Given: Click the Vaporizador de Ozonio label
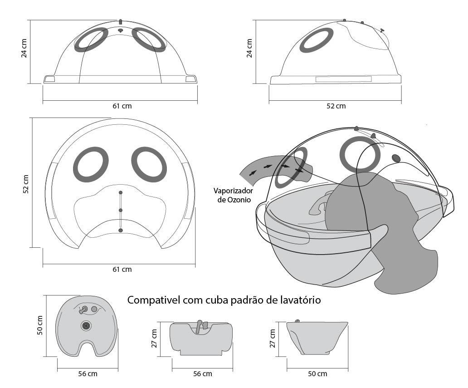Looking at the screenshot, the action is point(233,195).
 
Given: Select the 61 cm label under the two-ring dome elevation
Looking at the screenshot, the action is point(122,106).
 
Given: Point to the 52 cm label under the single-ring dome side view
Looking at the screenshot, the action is point(336,106).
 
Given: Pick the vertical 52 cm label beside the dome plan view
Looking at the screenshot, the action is point(26,184).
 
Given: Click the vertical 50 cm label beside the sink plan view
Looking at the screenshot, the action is point(40,325).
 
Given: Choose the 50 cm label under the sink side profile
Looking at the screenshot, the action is point(317,373).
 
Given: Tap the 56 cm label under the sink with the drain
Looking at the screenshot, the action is point(88,373).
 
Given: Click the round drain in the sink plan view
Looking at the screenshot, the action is point(86,325).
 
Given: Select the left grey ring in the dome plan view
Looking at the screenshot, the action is point(91,164).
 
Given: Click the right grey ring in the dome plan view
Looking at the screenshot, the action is point(149,164).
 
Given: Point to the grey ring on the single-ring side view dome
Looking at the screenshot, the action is point(317,40).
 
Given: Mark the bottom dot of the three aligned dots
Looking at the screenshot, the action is point(121,230).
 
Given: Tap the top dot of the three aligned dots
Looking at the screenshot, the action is point(121,192).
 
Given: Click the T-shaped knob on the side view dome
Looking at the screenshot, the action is point(382,30).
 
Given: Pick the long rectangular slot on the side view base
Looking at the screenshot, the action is point(344,79).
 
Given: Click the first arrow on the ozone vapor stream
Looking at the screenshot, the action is point(253,172).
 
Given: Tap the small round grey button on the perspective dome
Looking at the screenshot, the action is point(396,158).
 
